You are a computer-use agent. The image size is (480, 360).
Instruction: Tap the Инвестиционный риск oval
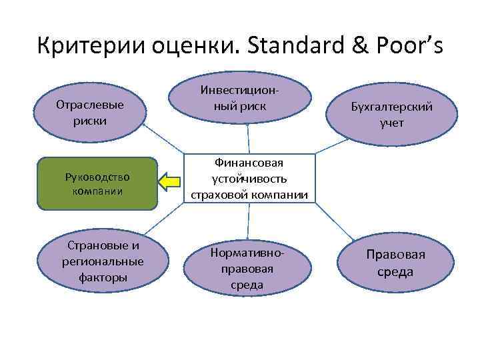(240, 97)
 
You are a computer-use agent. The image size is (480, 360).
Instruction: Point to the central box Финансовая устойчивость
(249, 179)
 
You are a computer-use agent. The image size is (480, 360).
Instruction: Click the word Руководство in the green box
(97, 177)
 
